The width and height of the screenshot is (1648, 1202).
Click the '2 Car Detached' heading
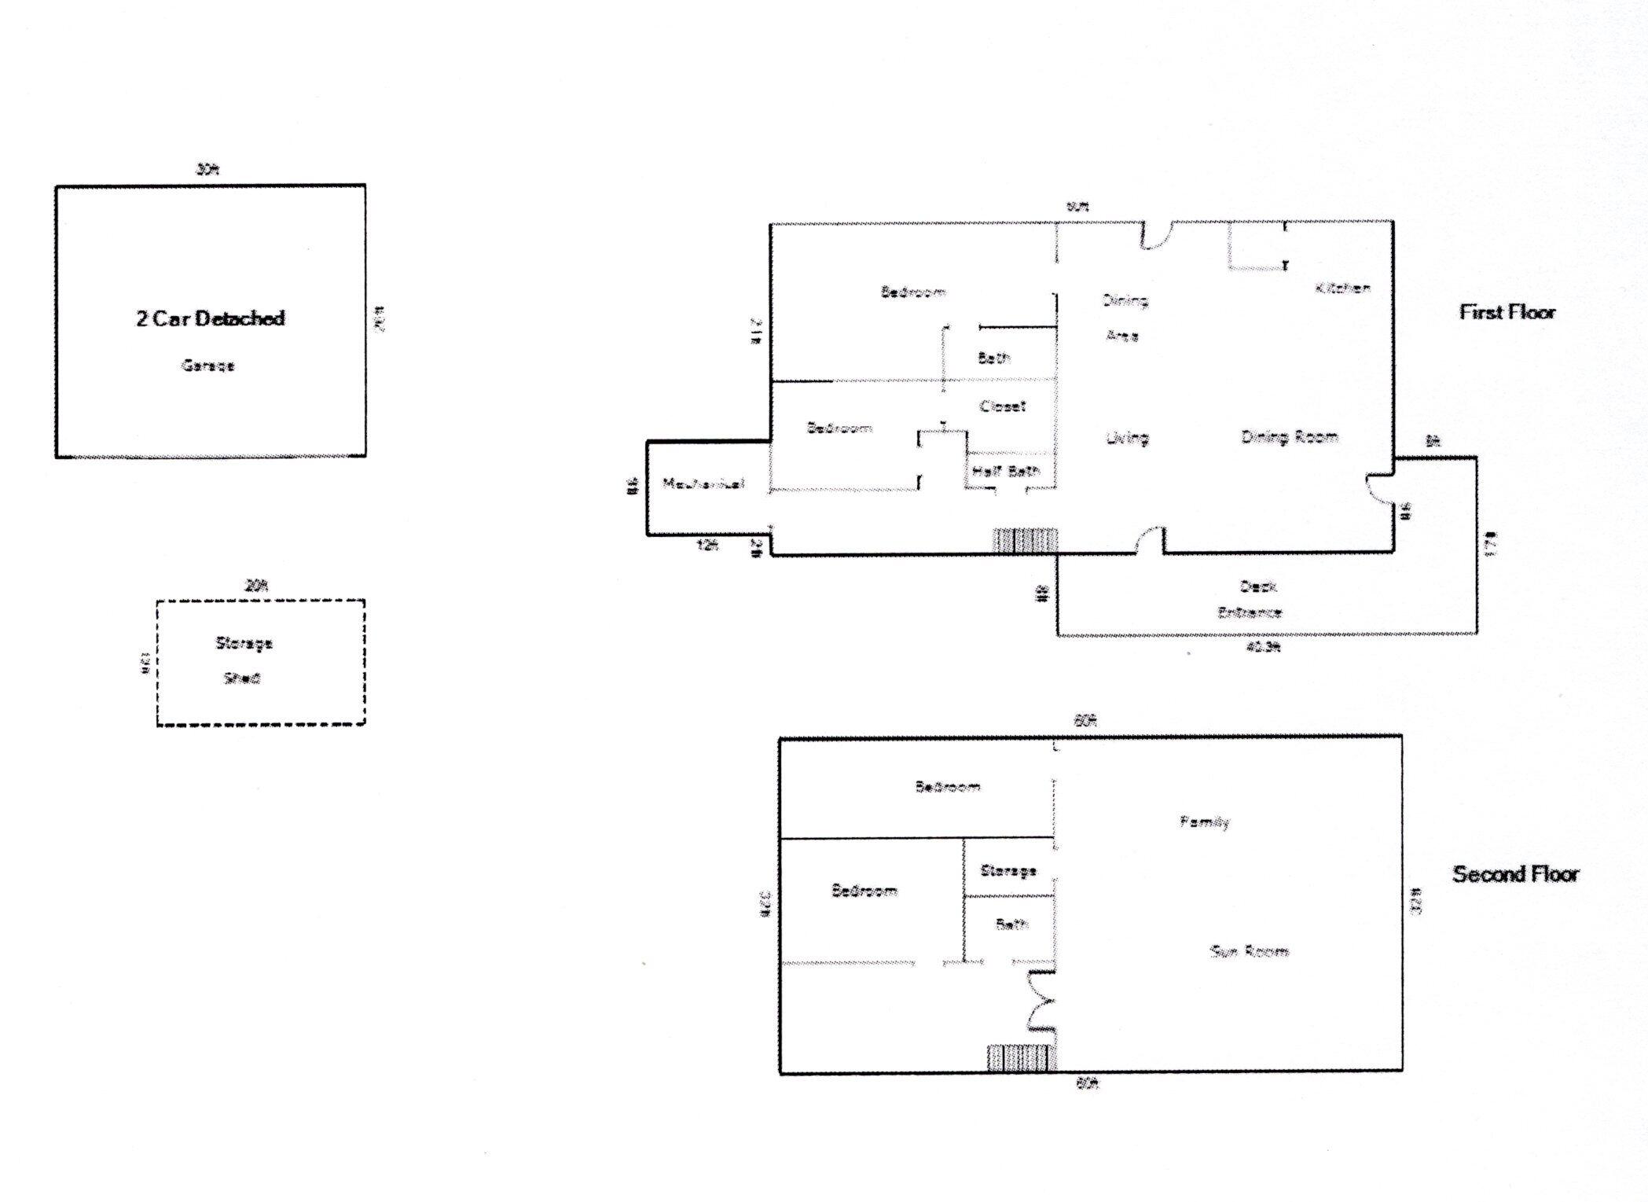point(210,318)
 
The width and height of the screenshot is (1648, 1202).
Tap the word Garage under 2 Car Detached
point(207,365)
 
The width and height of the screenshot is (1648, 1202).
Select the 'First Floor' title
point(1507,312)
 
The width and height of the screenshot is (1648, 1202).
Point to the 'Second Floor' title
point(1514,873)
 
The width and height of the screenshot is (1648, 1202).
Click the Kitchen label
point(1342,289)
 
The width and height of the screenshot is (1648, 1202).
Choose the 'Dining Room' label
point(1289,437)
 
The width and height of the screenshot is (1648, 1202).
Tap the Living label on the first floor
point(1127,438)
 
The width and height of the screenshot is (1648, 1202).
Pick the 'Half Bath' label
point(1006,471)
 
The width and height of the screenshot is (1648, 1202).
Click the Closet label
point(1002,406)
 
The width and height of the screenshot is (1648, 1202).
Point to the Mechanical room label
point(703,483)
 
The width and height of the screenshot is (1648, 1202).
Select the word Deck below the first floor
point(1257,586)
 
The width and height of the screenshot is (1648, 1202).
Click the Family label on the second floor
point(1204,822)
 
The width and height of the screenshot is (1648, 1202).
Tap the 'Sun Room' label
point(1249,951)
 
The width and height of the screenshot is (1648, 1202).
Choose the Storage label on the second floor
point(1008,870)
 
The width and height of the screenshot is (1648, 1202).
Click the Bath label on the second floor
point(1011,924)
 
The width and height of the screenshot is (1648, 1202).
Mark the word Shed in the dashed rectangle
point(242,678)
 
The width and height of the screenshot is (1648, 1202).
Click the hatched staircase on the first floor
point(1026,541)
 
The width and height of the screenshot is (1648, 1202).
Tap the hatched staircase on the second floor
point(1019,1057)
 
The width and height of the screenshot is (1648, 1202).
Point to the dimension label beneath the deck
point(1264,647)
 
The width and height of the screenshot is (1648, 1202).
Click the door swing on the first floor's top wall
point(1156,236)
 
